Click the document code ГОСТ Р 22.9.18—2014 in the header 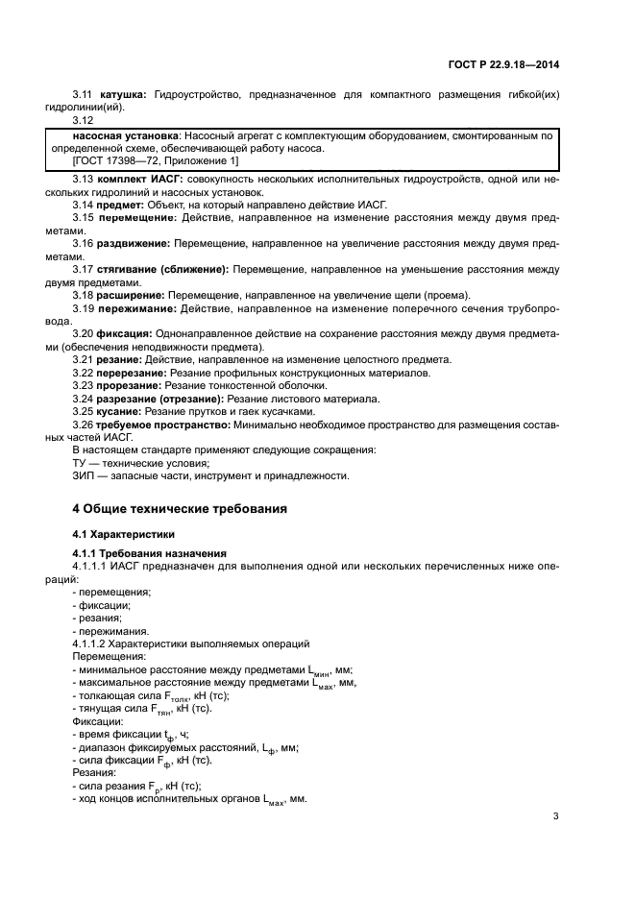(x=517, y=63)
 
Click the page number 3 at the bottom (x=555, y=817)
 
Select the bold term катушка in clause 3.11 (x=120, y=94)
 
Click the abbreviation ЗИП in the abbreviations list (x=85, y=475)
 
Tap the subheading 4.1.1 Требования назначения (x=149, y=553)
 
